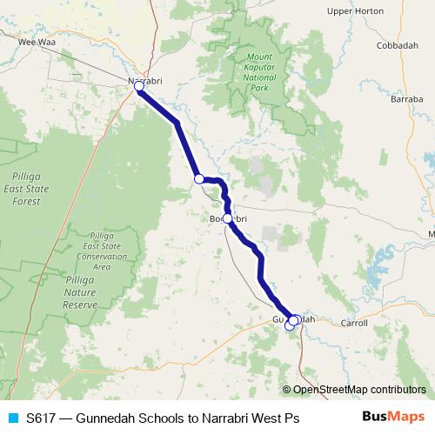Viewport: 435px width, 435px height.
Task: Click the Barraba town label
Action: point(406,100)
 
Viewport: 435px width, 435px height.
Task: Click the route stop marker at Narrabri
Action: point(138,86)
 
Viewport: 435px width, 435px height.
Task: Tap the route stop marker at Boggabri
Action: point(227,218)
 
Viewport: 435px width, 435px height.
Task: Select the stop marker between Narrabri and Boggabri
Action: point(198,178)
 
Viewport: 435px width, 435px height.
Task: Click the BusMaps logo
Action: point(392,418)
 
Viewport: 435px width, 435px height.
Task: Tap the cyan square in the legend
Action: point(12,418)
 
